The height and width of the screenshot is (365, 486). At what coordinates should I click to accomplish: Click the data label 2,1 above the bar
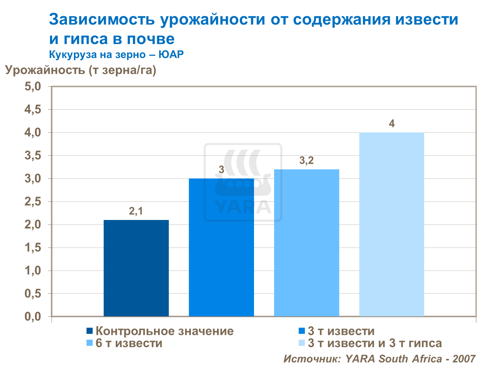pyautogui.click(x=136, y=211)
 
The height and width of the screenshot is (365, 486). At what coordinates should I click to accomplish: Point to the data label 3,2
pyautogui.click(x=307, y=160)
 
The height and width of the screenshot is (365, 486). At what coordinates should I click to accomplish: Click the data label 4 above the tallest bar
pyautogui.click(x=392, y=124)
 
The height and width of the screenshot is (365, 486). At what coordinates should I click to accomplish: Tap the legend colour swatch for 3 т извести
pyautogui.click(x=302, y=331)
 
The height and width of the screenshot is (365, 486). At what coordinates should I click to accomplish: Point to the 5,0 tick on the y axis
pyautogui.click(x=33, y=87)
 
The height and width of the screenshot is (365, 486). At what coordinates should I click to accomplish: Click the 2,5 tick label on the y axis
pyautogui.click(x=33, y=202)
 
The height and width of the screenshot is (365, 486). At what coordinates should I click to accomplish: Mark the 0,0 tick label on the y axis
pyautogui.click(x=33, y=317)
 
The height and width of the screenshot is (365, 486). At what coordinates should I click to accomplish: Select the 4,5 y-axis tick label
pyautogui.click(x=33, y=110)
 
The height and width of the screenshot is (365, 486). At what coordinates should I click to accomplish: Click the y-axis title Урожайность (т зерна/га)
pyautogui.click(x=81, y=70)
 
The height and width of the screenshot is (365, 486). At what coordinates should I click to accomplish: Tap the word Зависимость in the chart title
pyautogui.click(x=102, y=19)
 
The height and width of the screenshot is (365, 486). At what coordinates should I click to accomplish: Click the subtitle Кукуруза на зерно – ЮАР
pyautogui.click(x=116, y=54)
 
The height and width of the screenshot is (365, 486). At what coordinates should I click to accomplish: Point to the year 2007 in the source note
pyautogui.click(x=464, y=359)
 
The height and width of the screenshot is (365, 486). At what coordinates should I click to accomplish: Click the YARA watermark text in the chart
pyautogui.click(x=243, y=207)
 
